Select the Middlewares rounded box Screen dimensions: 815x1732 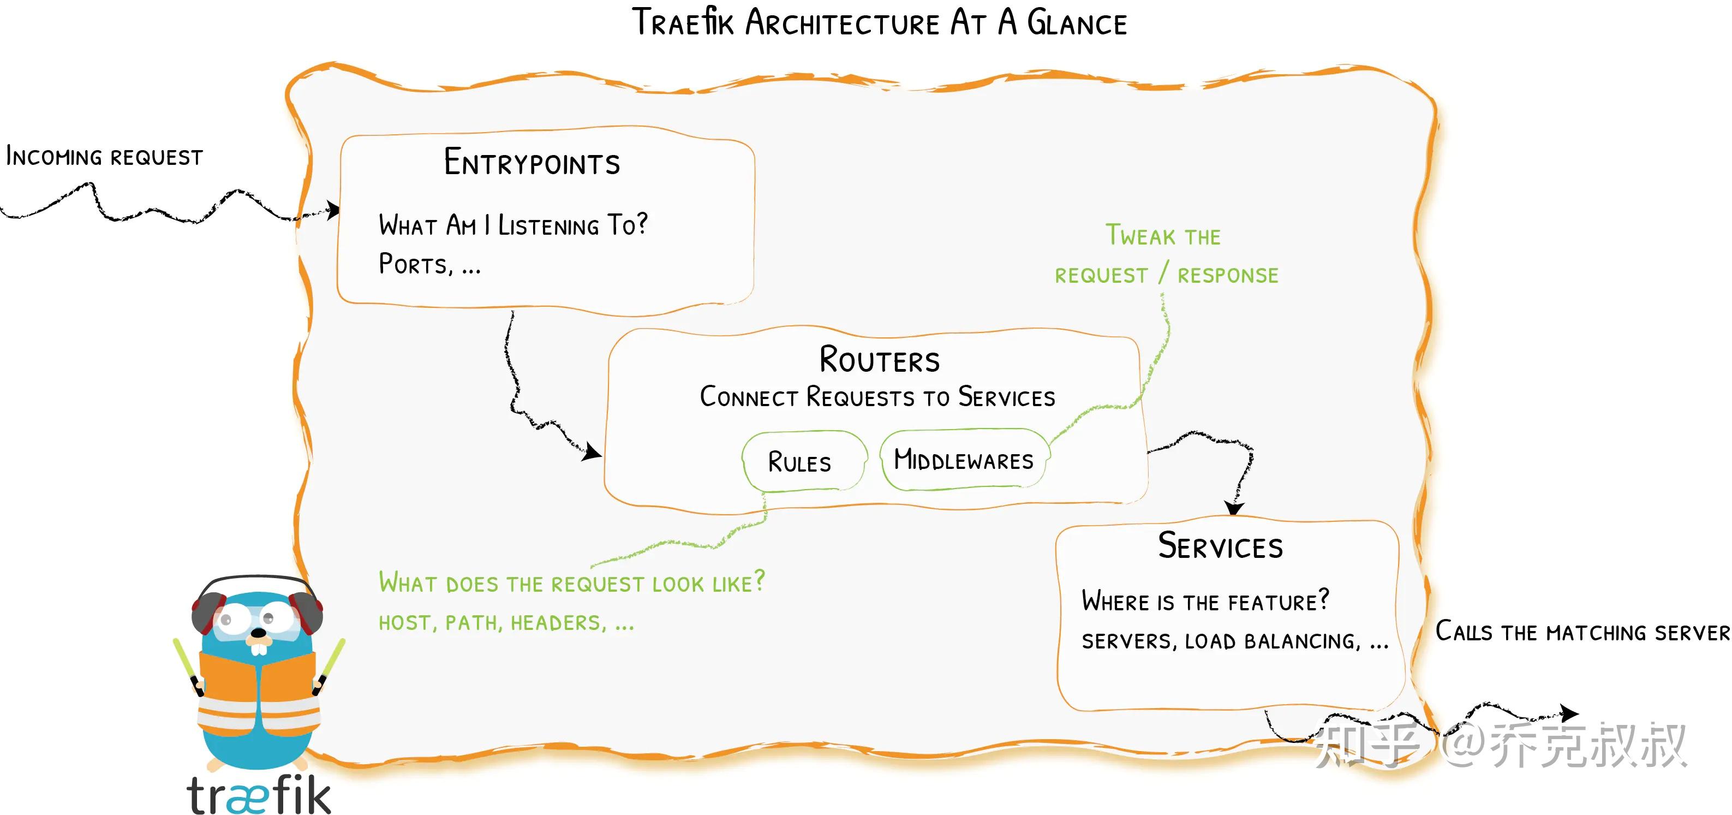964,460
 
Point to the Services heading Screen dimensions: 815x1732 1220,546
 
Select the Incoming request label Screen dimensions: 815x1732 104,157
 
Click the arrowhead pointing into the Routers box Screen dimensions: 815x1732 592,453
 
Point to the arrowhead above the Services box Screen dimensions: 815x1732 1234,508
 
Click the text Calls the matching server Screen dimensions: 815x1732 1582,632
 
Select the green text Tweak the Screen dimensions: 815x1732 1163,236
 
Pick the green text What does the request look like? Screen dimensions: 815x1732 571,582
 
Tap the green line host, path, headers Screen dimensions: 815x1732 506,623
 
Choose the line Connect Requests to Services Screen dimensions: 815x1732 877,397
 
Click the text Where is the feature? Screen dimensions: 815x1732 1205,600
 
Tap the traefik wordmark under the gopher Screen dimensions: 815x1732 259,795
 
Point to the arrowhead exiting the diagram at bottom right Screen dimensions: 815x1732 1570,713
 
